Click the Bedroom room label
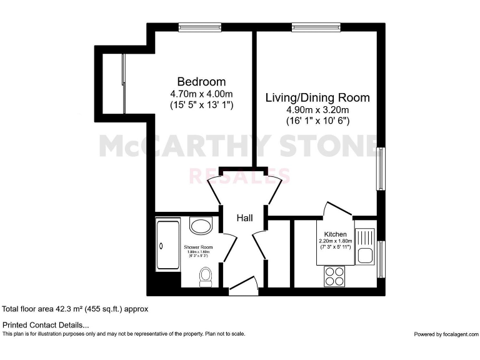[201, 82]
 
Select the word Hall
[244, 218]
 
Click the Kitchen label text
[335, 234]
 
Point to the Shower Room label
[198, 247]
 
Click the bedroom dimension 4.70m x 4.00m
[201, 94]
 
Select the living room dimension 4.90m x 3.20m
[317, 109]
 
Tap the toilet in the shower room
[206, 276]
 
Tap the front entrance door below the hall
[244, 287]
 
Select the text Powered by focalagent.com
[445, 334]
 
